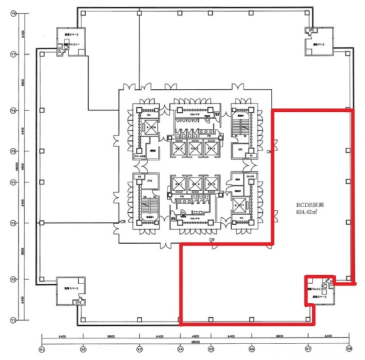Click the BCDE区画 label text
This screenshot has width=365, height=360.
[x=309, y=204]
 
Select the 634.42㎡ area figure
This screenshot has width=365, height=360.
[x=308, y=212]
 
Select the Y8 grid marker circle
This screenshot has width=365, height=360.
[x=12, y=15]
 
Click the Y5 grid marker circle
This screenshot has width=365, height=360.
[x=12, y=151]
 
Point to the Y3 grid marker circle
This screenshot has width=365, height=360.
[x=12, y=223]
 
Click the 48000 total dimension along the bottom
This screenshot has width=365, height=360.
[x=195, y=342]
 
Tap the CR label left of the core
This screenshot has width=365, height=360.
[x=122, y=222]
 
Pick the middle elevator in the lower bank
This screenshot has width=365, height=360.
[x=195, y=184]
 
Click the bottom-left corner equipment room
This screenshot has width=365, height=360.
[x=71, y=292]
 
